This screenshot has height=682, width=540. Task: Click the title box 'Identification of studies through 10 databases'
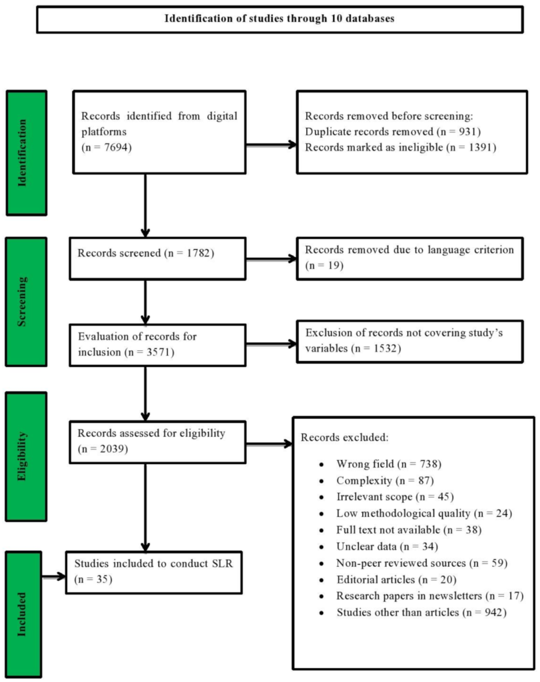coord(280,19)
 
